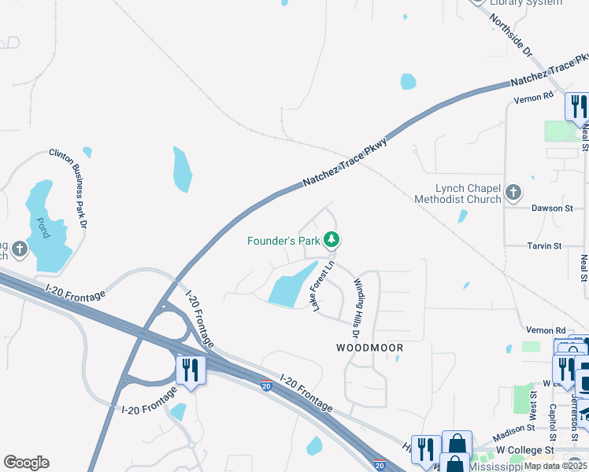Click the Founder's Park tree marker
(332, 239)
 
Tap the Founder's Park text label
(283, 240)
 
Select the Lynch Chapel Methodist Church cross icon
(513, 192)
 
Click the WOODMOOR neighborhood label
(369, 348)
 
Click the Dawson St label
(552, 208)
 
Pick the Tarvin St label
(544, 245)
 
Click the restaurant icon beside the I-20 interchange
(191, 370)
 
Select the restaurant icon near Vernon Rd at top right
(577, 107)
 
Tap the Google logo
(26, 463)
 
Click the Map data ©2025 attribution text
(556, 466)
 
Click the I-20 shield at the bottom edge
(380, 466)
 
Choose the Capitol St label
(552, 422)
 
